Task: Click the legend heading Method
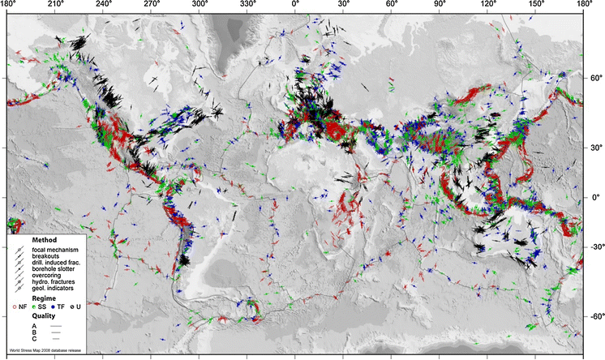(x=43, y=241)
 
